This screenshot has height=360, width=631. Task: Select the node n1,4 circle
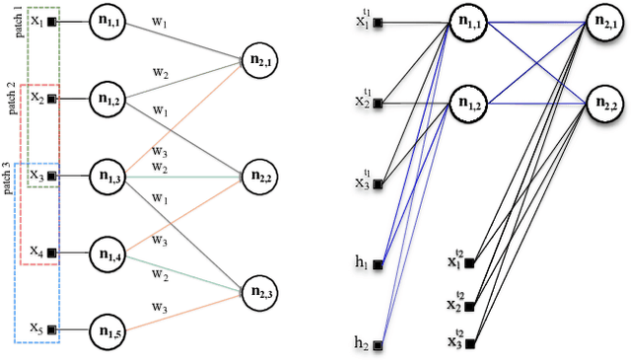109,253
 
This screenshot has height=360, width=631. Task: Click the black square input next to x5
51,328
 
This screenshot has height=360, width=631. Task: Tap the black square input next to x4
51,252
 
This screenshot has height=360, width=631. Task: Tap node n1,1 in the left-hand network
109,21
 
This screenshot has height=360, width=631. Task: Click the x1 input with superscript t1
362,21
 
